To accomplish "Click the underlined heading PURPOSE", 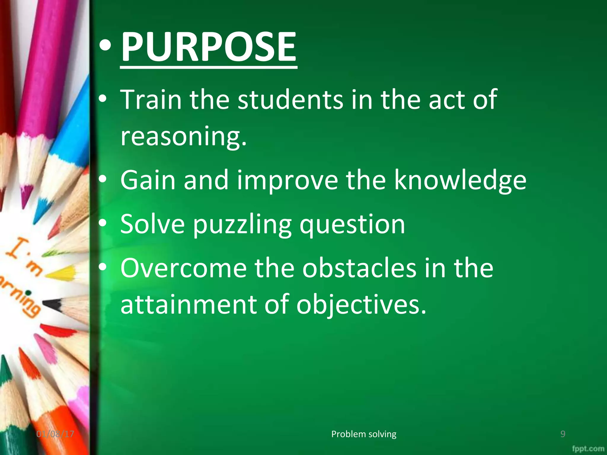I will [208, 47].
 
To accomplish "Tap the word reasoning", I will [183, 136].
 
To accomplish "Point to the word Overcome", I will [183, 268].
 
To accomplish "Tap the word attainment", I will [189, 305].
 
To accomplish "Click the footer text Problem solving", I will [364, 434].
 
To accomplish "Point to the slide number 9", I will [563, 434].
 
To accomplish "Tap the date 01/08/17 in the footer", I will [55, 434].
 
